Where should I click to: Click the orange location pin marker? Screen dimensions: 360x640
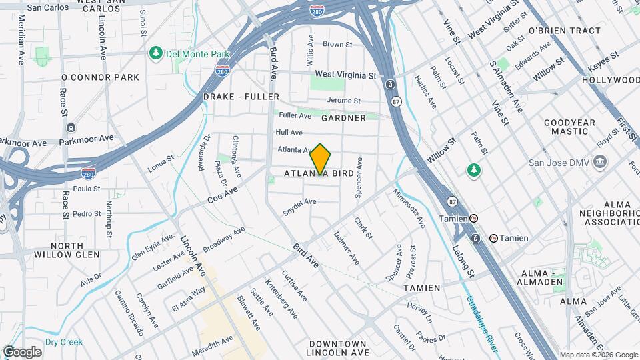pyautogui.click(x=321, y=159)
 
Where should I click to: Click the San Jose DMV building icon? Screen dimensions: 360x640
pyautogui.click(x=600, y=161)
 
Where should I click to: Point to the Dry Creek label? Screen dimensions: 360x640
pyautogui.click(x=64, y=342)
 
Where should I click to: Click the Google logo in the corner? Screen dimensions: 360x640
pyautogui.click(x=23, y=351)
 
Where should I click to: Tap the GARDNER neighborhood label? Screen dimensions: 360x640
pyautogui.click(x=343, y=118)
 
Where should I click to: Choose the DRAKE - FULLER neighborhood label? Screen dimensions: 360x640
pyautogui.click(x=241, y=97)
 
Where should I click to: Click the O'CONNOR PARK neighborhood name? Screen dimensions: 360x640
pyautogui.click(x=100, y=77)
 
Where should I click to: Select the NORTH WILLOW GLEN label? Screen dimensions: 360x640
pyautogui.click(x=66, y=249)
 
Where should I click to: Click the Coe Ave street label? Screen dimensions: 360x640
pyautogui.click(x=223, y=195)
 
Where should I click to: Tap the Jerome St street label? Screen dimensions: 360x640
pyautogui.click(x=344, y=101)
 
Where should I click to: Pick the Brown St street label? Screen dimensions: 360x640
pyautogui.click(x=337, y=44)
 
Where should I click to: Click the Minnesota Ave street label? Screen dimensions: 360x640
pyautogui.click(x=409, y=207)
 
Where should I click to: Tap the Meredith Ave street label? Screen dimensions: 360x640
pyautogui.click(x=213, y=344)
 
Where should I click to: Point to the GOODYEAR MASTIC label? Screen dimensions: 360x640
pyautogui.click(x=569, y=127)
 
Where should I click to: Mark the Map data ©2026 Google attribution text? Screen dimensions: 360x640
pyautogui.click(x=598, y=355)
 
